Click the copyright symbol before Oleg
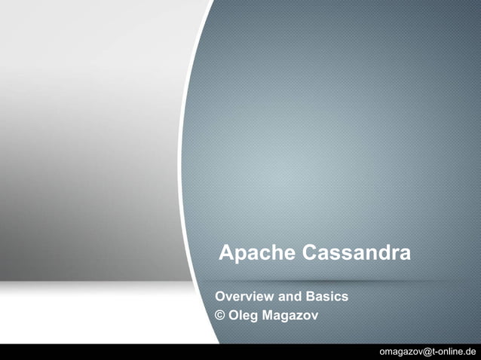click(x=221, y=315)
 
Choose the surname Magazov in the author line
click(x=290, y=315)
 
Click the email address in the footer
click(x=428, y=352)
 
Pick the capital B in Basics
click(x=312, y=297)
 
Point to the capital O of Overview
click(x=221, y=297)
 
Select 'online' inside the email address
click(x=452, y=352)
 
